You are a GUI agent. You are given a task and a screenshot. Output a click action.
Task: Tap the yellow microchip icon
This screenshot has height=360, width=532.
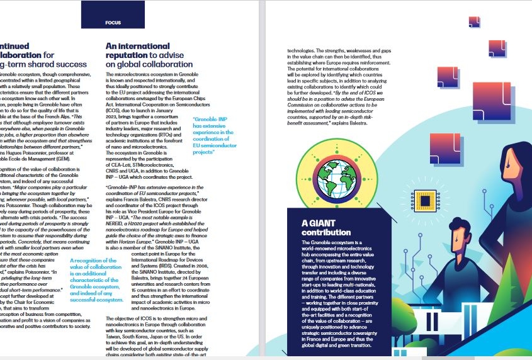(426, 200)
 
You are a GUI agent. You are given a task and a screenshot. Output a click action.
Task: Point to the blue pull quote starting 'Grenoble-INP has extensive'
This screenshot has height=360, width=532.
(213, 136)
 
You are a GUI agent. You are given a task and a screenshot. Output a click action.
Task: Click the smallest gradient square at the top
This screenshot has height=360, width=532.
(475, 23)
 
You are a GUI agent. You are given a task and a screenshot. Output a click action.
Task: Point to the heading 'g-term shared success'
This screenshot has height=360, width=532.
(43, 64)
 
